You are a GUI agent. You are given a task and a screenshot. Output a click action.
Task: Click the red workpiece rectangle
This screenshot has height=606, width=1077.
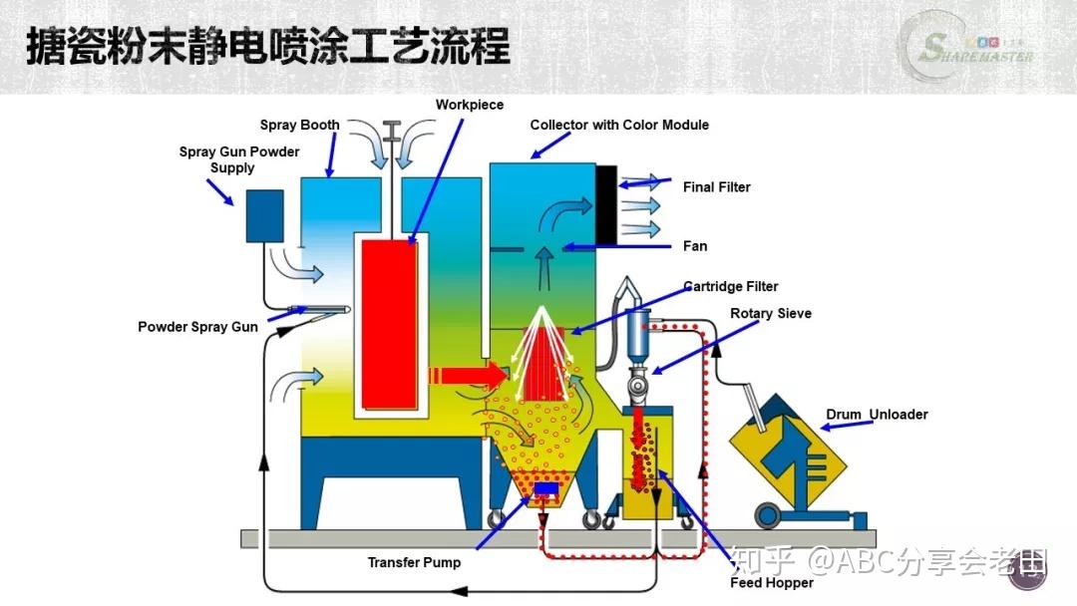(x=390, y=324)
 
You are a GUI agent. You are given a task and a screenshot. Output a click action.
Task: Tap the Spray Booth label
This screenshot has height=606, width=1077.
(x=299, y=126)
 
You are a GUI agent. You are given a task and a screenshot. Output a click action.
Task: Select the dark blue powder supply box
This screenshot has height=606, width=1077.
(x=264, y=215)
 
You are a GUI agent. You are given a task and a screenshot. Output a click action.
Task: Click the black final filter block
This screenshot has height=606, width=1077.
(x=605, y=203)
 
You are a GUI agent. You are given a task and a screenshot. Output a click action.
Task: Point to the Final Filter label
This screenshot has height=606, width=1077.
(x=716, y=187)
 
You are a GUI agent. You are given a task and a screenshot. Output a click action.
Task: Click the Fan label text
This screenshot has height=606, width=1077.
(x=695, y=246)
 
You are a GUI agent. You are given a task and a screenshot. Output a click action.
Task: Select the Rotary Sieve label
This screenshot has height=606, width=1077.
(x=771, y=314)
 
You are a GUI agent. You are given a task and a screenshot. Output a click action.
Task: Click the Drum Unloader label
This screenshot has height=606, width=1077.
(x=877, y=415)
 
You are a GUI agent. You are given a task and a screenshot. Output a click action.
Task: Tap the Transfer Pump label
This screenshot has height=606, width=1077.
(x=414, y=563)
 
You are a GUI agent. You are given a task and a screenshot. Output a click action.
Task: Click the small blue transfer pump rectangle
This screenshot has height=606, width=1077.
(x=544, y=489)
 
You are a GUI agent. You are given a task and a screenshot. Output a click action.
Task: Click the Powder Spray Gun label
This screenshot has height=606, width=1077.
(x=197, y=327)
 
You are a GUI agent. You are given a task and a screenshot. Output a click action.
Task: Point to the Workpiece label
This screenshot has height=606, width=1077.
(x=470, y=106)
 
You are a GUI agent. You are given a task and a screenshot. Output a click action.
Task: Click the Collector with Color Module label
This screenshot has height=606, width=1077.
(x=619, y=126)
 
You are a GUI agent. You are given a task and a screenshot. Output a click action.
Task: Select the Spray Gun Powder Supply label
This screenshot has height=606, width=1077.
(x=239, y=160)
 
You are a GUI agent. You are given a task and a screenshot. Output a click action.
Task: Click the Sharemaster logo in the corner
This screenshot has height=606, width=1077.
(x=967, y=48)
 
